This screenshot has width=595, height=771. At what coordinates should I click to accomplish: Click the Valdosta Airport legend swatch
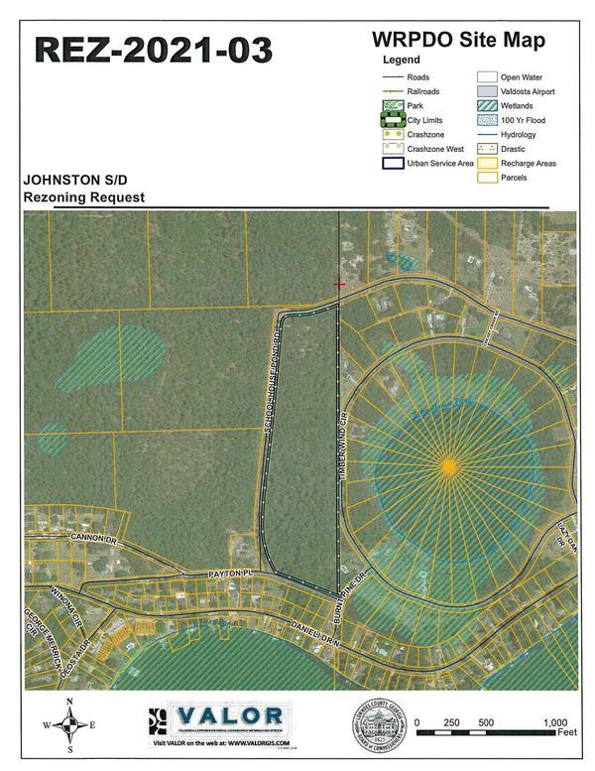click(x=486, y=91)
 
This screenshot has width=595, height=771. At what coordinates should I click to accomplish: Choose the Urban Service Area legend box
click(x=394, y=164)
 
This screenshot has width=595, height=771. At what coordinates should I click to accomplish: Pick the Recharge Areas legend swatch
click(x=486, y=164)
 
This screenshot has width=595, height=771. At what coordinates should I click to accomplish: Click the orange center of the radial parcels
click(x=449, y=464)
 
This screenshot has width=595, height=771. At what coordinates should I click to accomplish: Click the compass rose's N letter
click(x=68, y=703)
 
